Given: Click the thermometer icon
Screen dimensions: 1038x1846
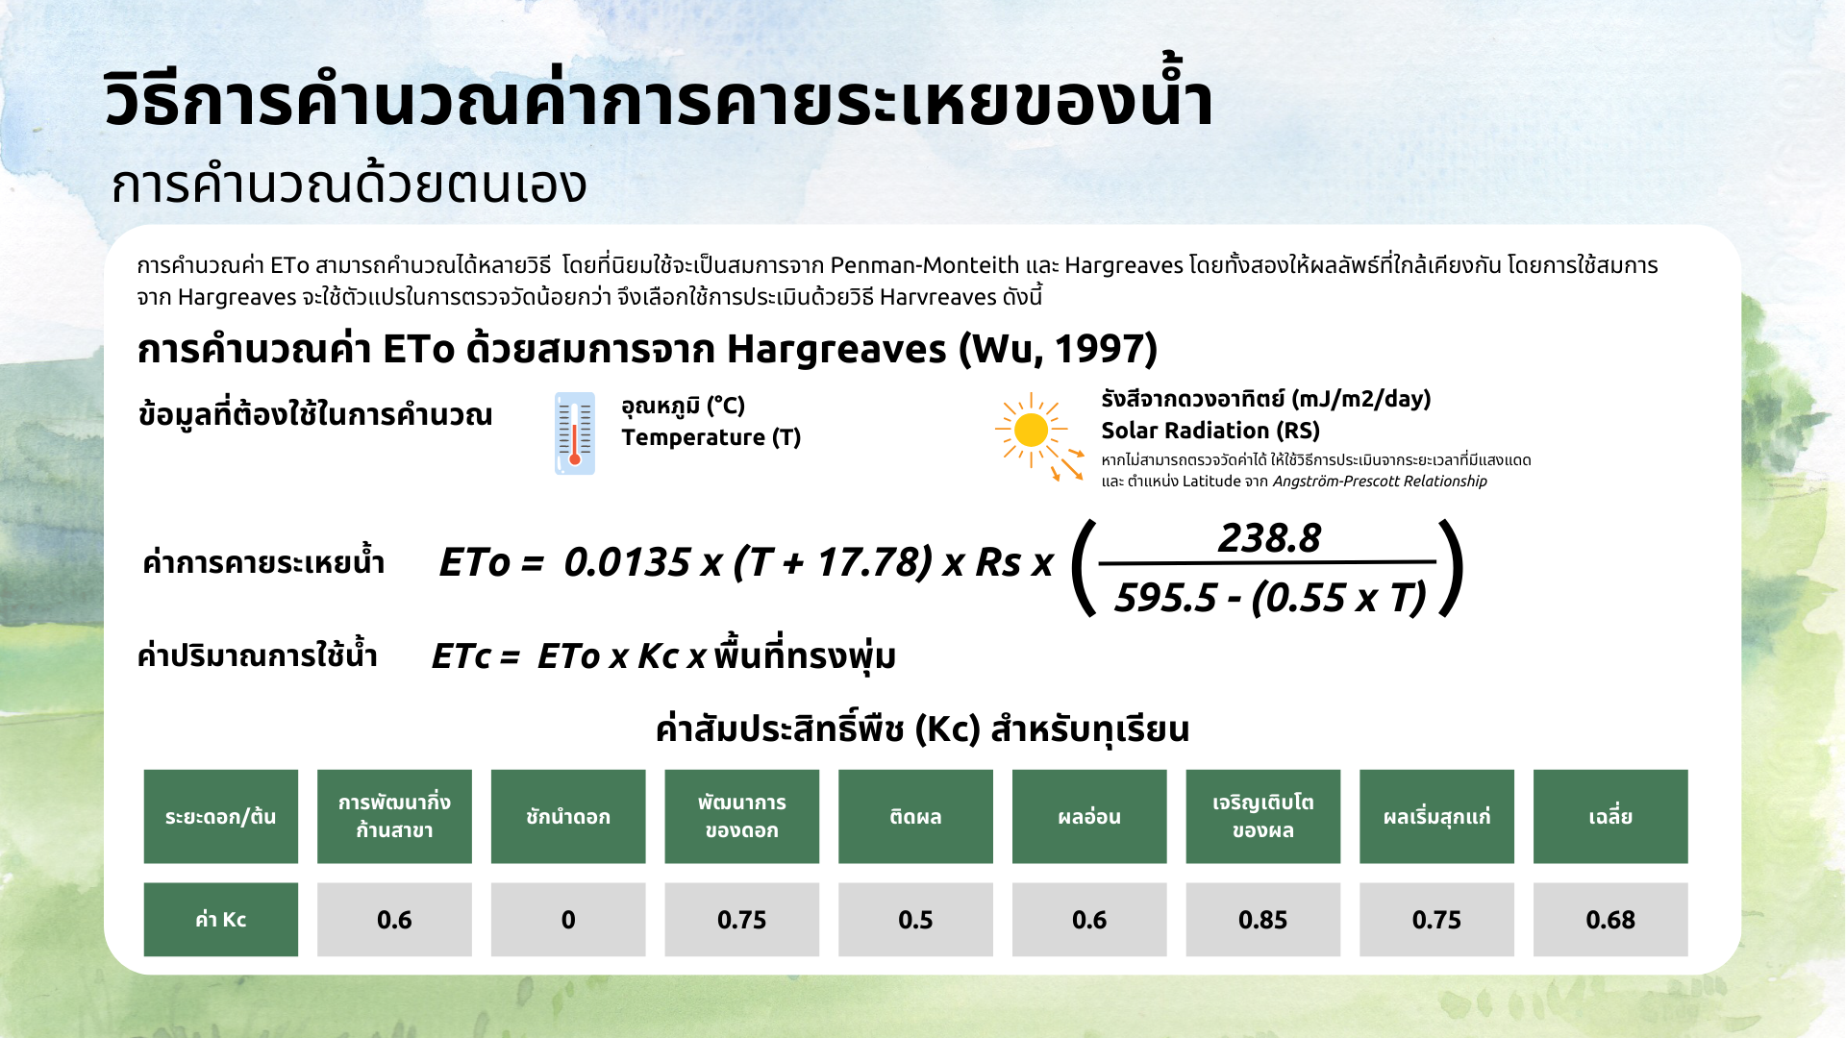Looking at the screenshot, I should coord(575,433).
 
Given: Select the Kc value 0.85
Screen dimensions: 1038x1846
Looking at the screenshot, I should coord(1262,920).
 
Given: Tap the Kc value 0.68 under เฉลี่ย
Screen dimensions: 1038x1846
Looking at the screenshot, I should coord(1609,920).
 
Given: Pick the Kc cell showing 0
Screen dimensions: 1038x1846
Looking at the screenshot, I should coord(568,920).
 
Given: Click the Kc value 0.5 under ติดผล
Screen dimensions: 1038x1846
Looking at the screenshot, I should coord(915,920).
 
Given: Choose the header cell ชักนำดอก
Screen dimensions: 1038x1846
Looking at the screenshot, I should coord(568,817).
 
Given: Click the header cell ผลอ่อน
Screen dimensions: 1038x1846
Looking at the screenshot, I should coord(1089,817).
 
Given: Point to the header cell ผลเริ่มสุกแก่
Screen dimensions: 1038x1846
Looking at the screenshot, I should coord(1436,817).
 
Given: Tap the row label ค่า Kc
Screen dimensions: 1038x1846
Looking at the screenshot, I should coord(221,920).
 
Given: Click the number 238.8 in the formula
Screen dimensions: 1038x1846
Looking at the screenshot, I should coord(1269,538).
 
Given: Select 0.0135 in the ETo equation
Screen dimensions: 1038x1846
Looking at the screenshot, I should coord(627,562).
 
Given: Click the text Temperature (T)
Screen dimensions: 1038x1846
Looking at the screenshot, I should coord(711,437).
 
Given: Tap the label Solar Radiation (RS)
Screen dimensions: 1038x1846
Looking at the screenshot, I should coord(1210,431).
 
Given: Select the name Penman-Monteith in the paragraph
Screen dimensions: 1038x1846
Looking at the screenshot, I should coord(924,265).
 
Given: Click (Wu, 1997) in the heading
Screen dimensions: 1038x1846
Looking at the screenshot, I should coord(1058,349).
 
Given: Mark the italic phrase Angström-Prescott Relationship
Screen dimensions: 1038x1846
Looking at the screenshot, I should coord(1380,482).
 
